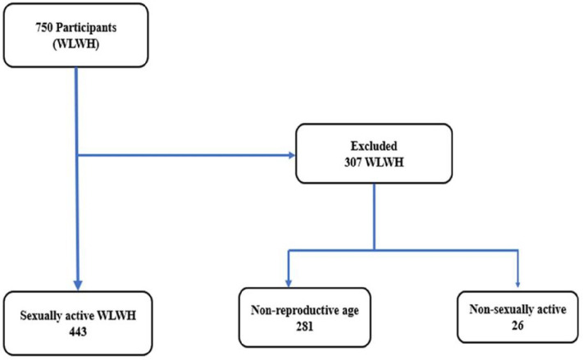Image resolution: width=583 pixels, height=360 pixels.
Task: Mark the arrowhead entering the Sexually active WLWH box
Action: click(76, 280)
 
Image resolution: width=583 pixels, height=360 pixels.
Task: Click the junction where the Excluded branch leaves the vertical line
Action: click(76, 154)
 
